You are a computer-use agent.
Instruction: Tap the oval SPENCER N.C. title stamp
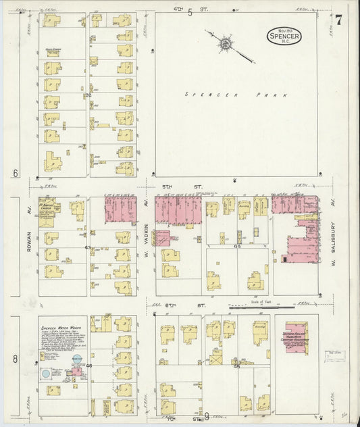(284, 36)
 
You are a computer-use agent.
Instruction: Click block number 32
(88, 95)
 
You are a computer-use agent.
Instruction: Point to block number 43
(88, 248)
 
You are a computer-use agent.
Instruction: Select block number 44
(237, 247)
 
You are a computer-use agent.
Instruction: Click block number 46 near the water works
(88, 366)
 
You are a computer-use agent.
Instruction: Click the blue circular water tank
(45, 373)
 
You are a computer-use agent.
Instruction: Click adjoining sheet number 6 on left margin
(15, 174)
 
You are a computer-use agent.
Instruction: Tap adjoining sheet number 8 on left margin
(15, 359)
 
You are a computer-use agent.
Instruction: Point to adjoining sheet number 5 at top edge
(190, 11)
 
